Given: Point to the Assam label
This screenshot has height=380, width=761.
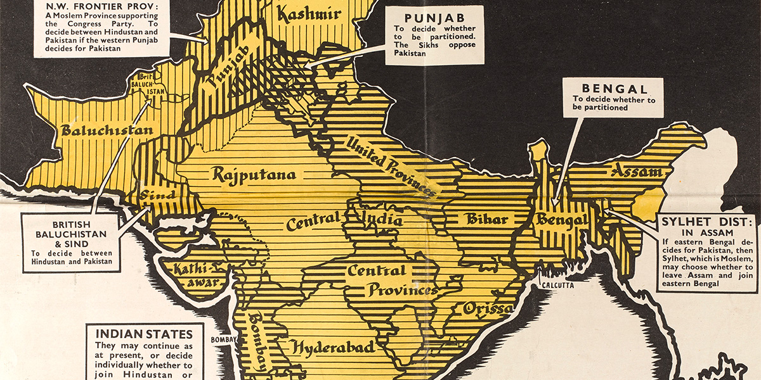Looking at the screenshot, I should pyautogui.click(x=636, y=171).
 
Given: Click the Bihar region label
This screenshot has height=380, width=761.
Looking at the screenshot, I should pyautogui.click(x=487, y=219).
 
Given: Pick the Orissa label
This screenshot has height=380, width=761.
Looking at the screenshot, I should pyautogui.click(x=487, y=309).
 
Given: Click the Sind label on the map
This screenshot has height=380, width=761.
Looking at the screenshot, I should pyautogui.click(x=157, y=194).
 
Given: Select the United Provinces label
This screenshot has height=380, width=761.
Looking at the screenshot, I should pyautogui.click(x=391, y=166).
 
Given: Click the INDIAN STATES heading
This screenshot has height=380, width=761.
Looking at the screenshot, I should pyautogui.click(x=145, y=333).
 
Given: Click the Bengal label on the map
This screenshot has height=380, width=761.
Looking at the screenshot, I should pyautogui.click(x=561, y=220).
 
